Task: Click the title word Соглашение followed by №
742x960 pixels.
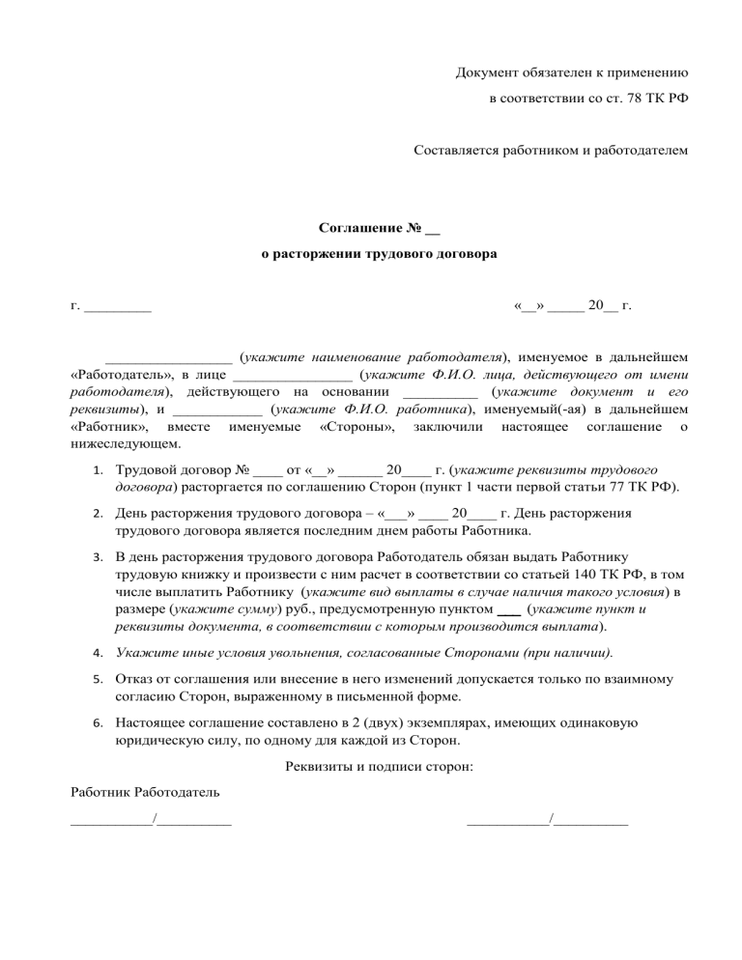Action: click(x=358, y=230)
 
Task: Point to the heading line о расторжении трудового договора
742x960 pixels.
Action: click(x=381, y=256)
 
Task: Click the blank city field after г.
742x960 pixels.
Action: click(x=118, y=308)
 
